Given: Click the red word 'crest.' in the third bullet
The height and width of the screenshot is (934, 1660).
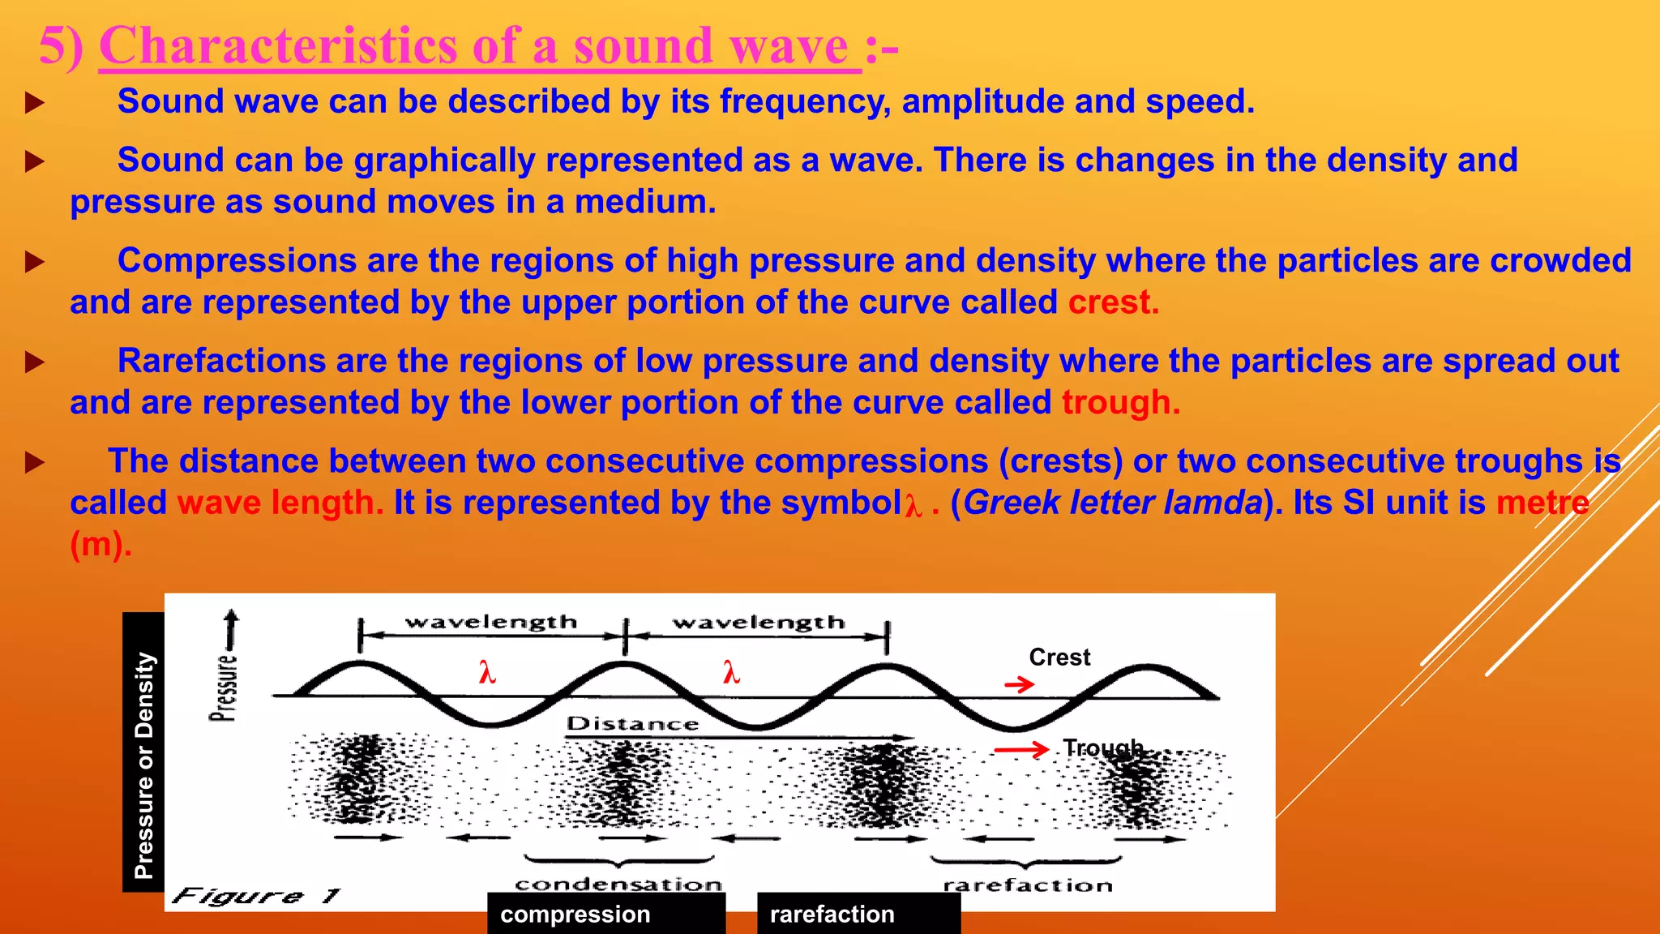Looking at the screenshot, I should tap(1113, 302).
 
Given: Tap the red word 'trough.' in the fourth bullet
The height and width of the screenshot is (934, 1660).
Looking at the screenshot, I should tap(1120, 403).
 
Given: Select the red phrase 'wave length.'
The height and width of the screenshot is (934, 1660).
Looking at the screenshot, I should tap(280, 503).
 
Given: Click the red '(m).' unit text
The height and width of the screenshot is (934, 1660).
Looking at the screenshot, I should tap(101, 544).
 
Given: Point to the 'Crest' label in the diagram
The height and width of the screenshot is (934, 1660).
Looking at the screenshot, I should tap(1059, 657).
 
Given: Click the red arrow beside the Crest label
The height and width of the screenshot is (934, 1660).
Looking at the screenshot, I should tap(1020, 685).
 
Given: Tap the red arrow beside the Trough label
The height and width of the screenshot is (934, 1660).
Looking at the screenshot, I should tap(1021, 750).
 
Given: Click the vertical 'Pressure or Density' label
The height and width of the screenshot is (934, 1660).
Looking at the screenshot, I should tap(143, 765).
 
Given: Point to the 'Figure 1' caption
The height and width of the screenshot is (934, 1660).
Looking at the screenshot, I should tap(256, 896).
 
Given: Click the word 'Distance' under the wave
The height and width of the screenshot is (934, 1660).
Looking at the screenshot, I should tap(632, 723).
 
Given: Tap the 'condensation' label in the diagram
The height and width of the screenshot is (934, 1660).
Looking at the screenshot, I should tap(618, 884).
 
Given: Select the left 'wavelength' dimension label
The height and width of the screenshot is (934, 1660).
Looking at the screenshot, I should tap(491, 622).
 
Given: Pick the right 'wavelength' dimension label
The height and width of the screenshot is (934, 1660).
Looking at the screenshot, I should tap(759, 622).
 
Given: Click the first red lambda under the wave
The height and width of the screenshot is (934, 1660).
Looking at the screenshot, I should tap(486, 673).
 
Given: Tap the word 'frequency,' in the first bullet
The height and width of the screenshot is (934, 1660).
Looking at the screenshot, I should tap(805, 101).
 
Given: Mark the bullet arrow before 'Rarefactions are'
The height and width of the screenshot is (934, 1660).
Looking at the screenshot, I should tap(34, 362).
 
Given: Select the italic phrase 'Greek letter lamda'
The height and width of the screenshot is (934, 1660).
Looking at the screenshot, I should tap(1112, 503).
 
